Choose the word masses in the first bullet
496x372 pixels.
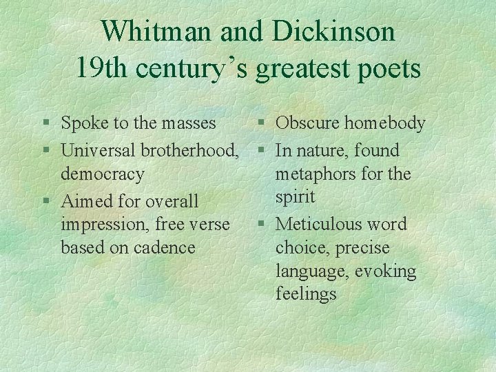pyautogui.click(x=188, y=123)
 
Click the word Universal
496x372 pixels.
pyautogui.click(x=98, y=150)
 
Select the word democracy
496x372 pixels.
pyautogui.click(x=103, y=174)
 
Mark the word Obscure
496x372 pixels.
pyautogui.click(x=307, y=123)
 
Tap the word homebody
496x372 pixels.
pyautogui.click(x=385, y=123)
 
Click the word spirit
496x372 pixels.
pyautogui.click(x=296, y=197)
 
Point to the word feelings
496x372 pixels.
pyautogui.click(x=306, y=294)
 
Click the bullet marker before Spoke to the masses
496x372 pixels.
pyautogui.click(x=45, y=124)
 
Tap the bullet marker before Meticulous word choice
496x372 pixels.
pyautogui.click(x=260, y=225)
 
